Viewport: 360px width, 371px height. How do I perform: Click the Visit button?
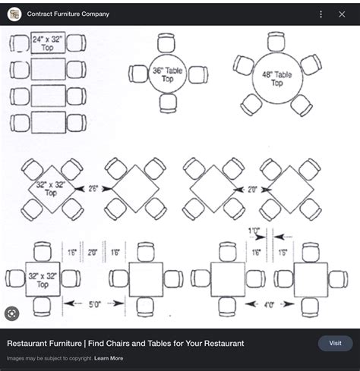click(335, 343)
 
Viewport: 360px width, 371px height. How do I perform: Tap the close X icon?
click(342, 14)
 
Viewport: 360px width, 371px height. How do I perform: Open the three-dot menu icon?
click(321, 14)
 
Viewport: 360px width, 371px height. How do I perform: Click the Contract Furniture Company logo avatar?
click(14, 14)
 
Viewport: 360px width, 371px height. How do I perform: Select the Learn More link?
click(109, 358)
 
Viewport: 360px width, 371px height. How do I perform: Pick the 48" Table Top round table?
click(276, 79)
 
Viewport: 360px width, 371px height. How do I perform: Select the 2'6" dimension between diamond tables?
click(93, 187)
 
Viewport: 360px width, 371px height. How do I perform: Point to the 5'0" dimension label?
click(94, 305)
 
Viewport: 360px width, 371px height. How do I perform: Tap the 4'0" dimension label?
click(268, 305)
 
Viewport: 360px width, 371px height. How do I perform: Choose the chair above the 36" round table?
click(167, 42)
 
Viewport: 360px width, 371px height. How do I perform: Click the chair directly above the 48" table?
click(276, 41)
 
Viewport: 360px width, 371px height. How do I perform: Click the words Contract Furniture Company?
click(68, 14)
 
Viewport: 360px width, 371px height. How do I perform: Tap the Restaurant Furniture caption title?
click(125, 344)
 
